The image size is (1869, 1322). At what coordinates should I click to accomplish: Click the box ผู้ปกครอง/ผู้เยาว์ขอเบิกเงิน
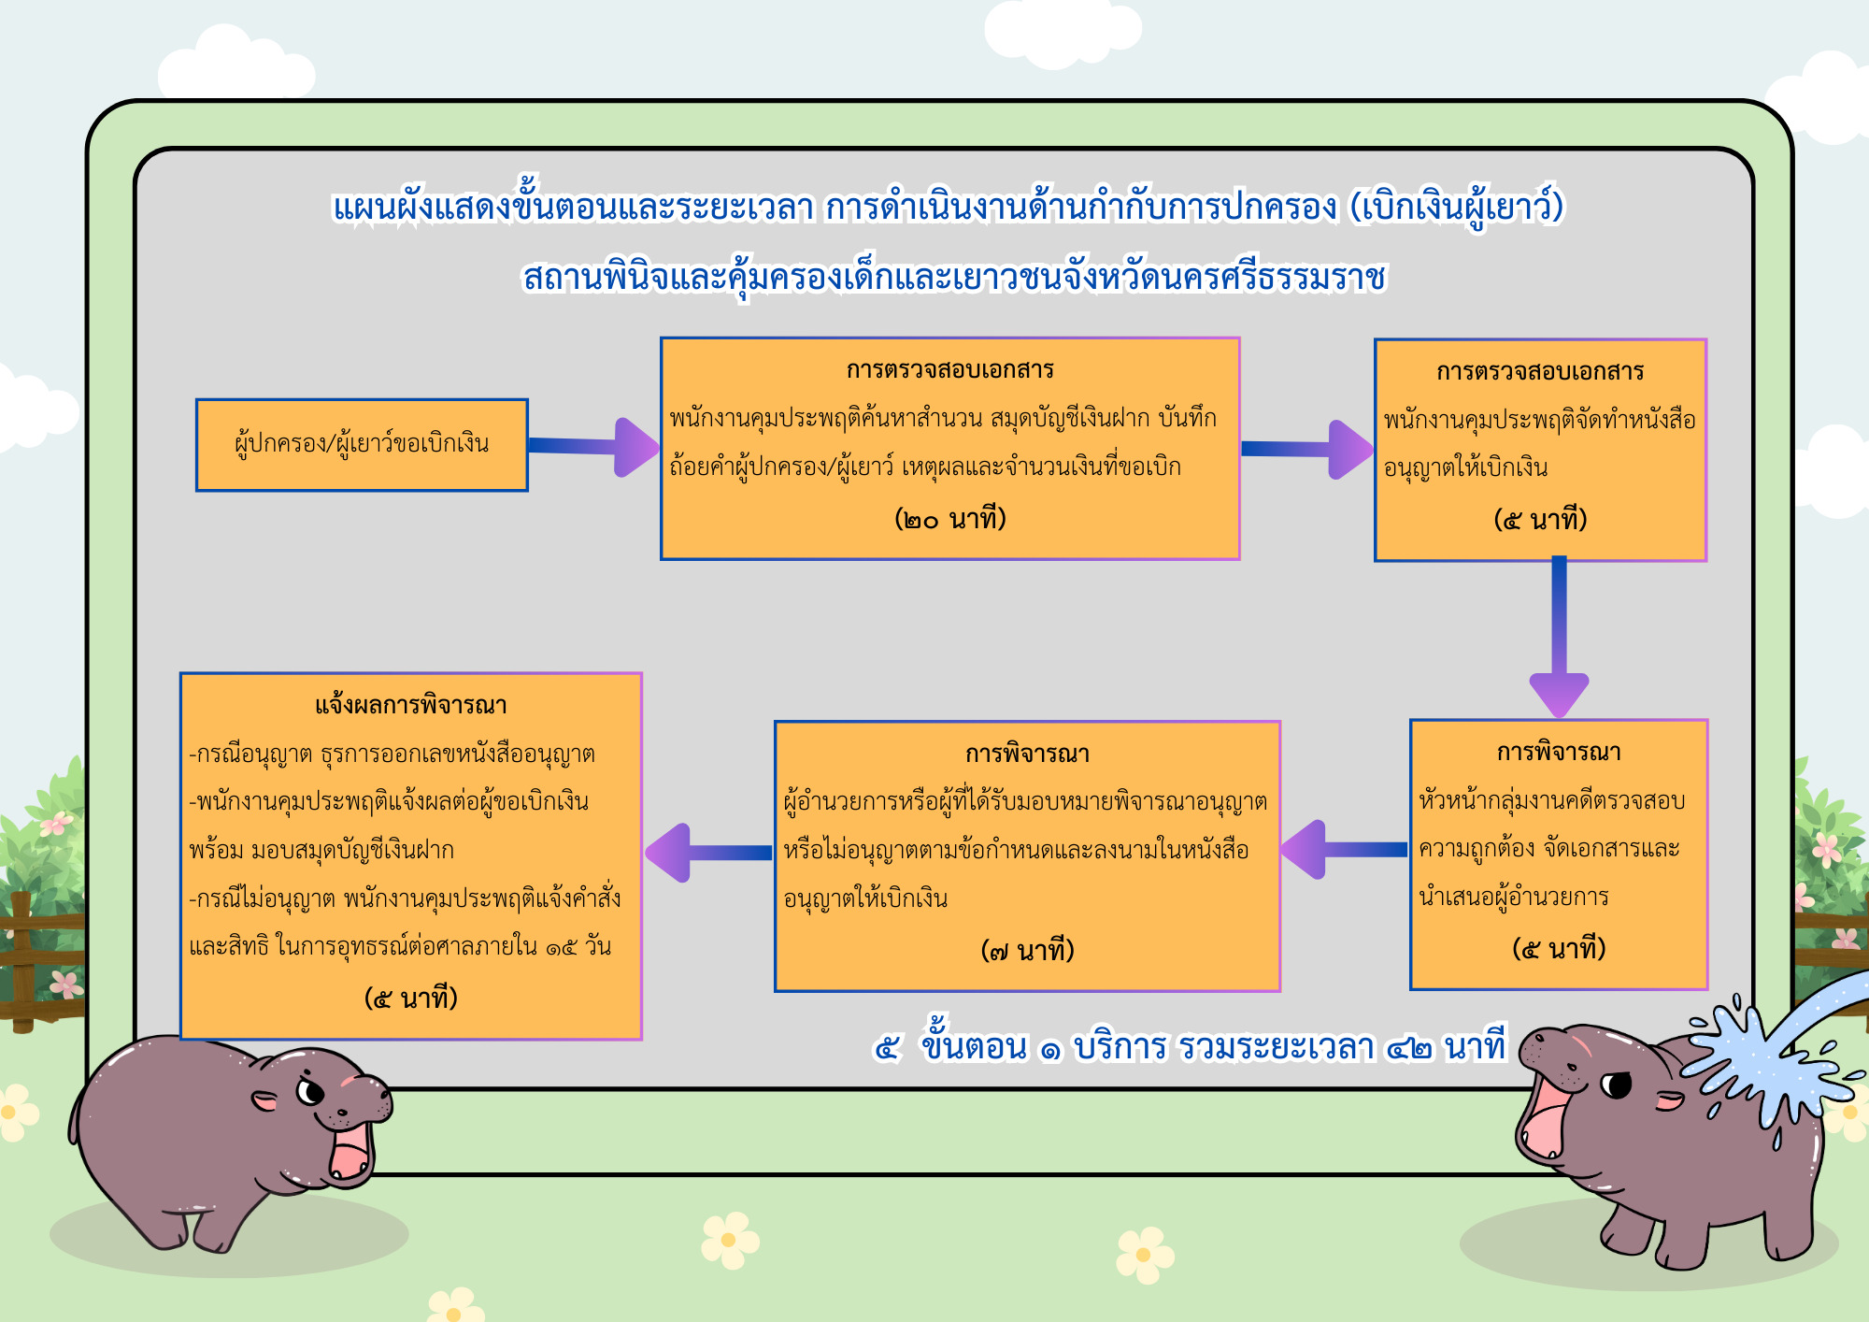(362, 445)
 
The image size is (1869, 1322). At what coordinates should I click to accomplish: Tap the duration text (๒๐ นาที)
(950, 519)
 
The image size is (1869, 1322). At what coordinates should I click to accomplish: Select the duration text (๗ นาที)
(1027, 951)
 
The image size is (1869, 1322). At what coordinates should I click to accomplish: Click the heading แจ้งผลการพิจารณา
(411, 705)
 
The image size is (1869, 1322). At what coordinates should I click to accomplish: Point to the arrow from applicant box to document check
(593, 447)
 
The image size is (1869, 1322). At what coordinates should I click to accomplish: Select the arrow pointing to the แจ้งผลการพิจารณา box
(709, 853)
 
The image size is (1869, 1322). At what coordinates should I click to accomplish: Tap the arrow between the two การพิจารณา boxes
(1344, 850)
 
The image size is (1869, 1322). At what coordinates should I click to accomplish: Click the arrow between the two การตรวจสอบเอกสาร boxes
(1307, 450)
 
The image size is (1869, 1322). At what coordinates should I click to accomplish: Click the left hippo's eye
(311, 1091)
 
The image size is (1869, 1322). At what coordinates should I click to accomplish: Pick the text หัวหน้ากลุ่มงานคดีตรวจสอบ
(1552, 801)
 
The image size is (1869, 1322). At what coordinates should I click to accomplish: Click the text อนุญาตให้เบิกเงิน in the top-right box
(1465, 467)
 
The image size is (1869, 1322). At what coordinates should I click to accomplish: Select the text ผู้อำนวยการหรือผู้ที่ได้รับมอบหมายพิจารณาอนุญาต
(1025, 802)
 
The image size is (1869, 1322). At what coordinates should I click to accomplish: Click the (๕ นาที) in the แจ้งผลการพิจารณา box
(411, 999)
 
